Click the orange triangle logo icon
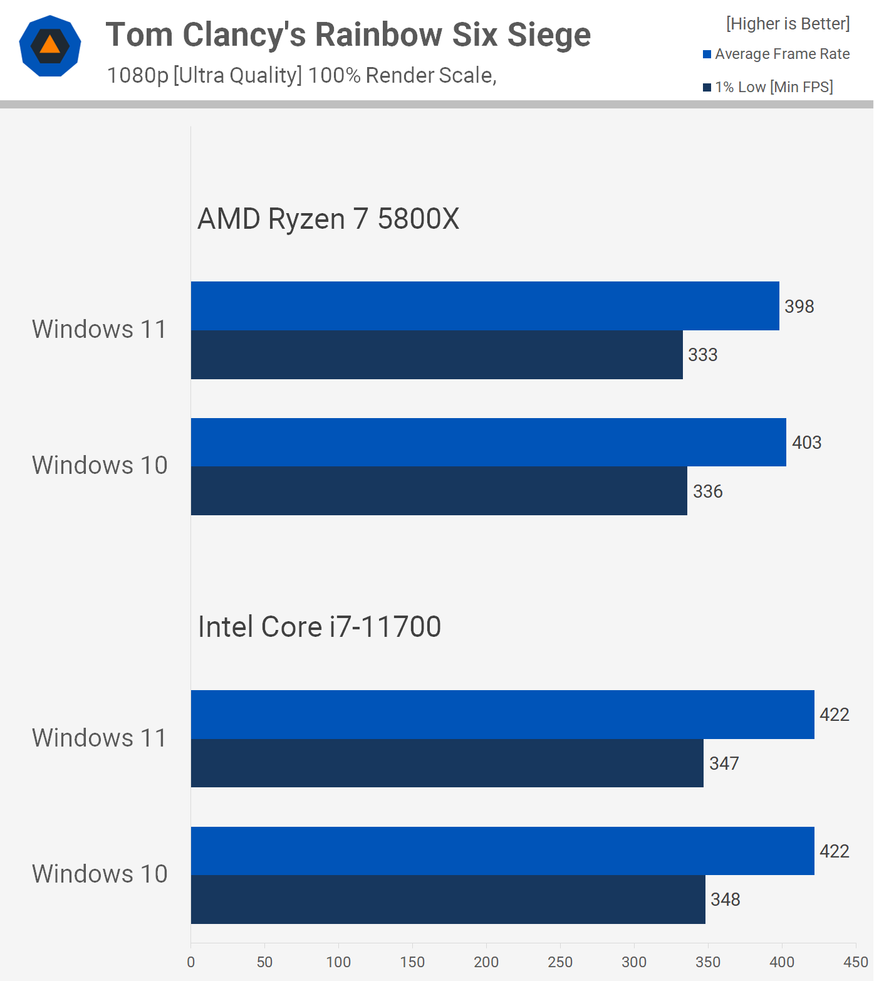point(50,46)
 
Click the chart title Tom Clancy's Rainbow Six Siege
point(348,34)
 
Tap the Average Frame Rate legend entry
point(776,54)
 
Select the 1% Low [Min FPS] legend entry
point(768,87)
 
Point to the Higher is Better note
point(788,24)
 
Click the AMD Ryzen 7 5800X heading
point(328,219)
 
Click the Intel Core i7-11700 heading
point(320,627)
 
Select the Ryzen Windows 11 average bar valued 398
point(485,306)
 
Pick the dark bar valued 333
point(437,355)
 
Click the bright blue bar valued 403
point(488,443)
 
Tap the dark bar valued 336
point(439,491)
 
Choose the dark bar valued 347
point(447,763)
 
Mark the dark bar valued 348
point(448,900)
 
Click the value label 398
point(799,307)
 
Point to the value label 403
point(806,443)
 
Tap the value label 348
point(725,900)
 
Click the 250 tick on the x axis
point(560,962)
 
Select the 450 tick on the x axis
point(856,962)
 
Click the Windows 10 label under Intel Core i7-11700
point(100,874)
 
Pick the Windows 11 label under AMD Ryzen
point(100,329)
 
